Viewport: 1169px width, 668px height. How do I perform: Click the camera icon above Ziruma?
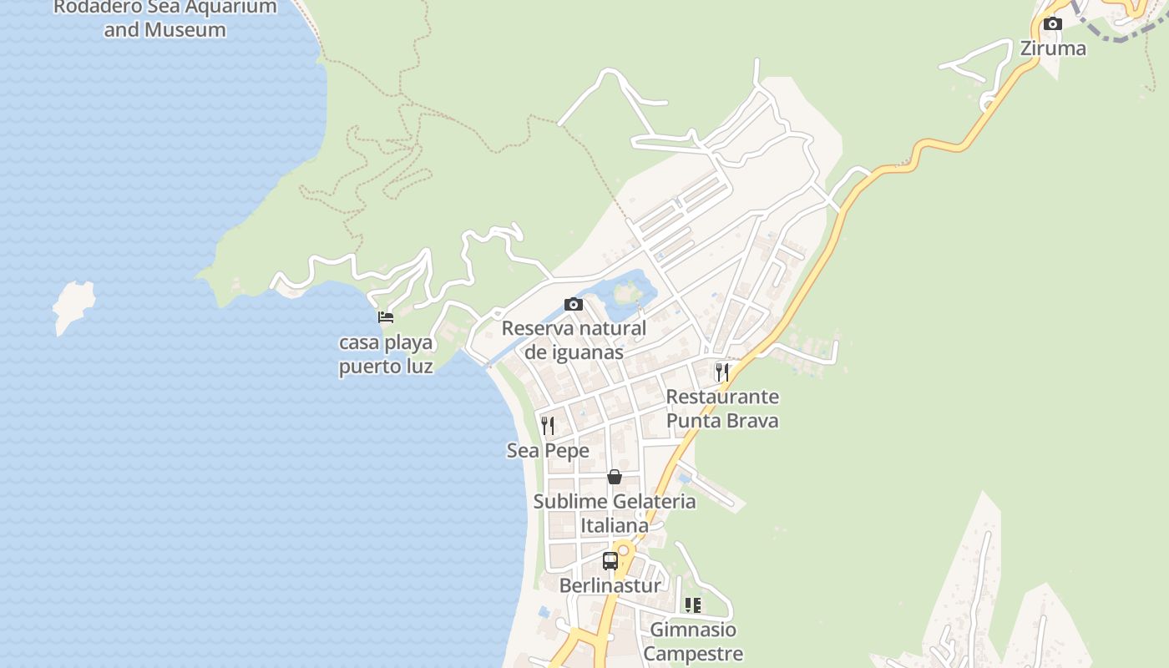1053,24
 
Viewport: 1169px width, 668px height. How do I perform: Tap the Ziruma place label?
1053,48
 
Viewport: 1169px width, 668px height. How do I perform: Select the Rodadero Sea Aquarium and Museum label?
164,18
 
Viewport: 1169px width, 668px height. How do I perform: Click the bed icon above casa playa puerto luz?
386,317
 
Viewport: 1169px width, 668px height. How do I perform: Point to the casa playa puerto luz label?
386,354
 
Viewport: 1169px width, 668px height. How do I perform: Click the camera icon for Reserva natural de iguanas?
573,304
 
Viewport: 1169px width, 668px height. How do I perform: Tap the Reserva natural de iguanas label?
574,340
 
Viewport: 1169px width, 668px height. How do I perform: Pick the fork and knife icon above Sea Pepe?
548,426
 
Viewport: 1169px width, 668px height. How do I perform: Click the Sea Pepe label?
548,451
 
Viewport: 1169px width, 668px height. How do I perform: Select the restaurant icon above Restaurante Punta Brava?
722,372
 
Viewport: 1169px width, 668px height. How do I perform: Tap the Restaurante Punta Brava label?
722,408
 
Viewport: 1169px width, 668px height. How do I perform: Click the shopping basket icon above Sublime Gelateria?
615,477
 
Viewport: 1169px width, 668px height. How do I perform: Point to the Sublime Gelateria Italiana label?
615,514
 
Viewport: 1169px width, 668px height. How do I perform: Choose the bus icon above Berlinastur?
610,561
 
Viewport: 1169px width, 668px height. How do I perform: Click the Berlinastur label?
610,585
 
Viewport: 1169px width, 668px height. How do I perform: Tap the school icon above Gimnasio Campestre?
693,605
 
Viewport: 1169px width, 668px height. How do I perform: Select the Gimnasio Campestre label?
693,641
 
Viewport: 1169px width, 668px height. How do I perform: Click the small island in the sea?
73,305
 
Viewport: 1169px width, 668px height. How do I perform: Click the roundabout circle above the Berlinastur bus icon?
623,550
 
